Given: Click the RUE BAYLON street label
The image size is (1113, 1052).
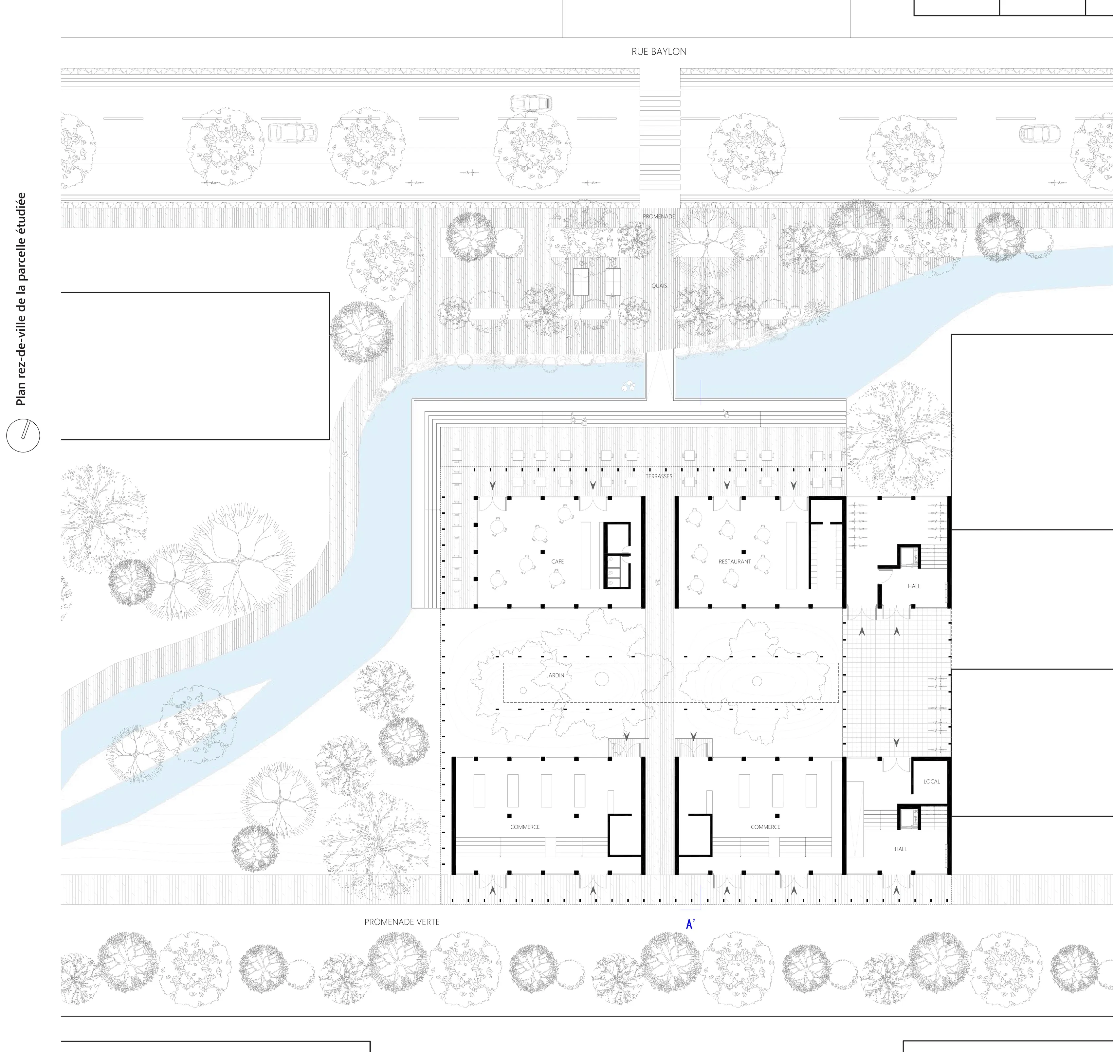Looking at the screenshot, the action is (x=659, y=52).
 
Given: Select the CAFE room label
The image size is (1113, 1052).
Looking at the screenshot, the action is (x=557, y=561).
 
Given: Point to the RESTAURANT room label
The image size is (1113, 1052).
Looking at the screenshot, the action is (x=735, y=561).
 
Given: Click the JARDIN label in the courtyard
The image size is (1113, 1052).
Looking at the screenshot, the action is (x=556, y=675).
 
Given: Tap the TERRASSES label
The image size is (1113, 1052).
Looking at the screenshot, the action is (x=659, y=476).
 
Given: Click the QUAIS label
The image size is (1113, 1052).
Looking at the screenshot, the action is (x=659, y=286).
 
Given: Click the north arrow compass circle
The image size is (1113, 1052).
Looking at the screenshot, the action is (x=23, y=436).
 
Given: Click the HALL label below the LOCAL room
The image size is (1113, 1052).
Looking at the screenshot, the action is (x=901, y=849).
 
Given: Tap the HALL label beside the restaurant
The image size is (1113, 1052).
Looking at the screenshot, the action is (x=914, y=586).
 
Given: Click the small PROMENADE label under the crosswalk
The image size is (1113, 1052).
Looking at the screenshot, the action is (x=659, y=216).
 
